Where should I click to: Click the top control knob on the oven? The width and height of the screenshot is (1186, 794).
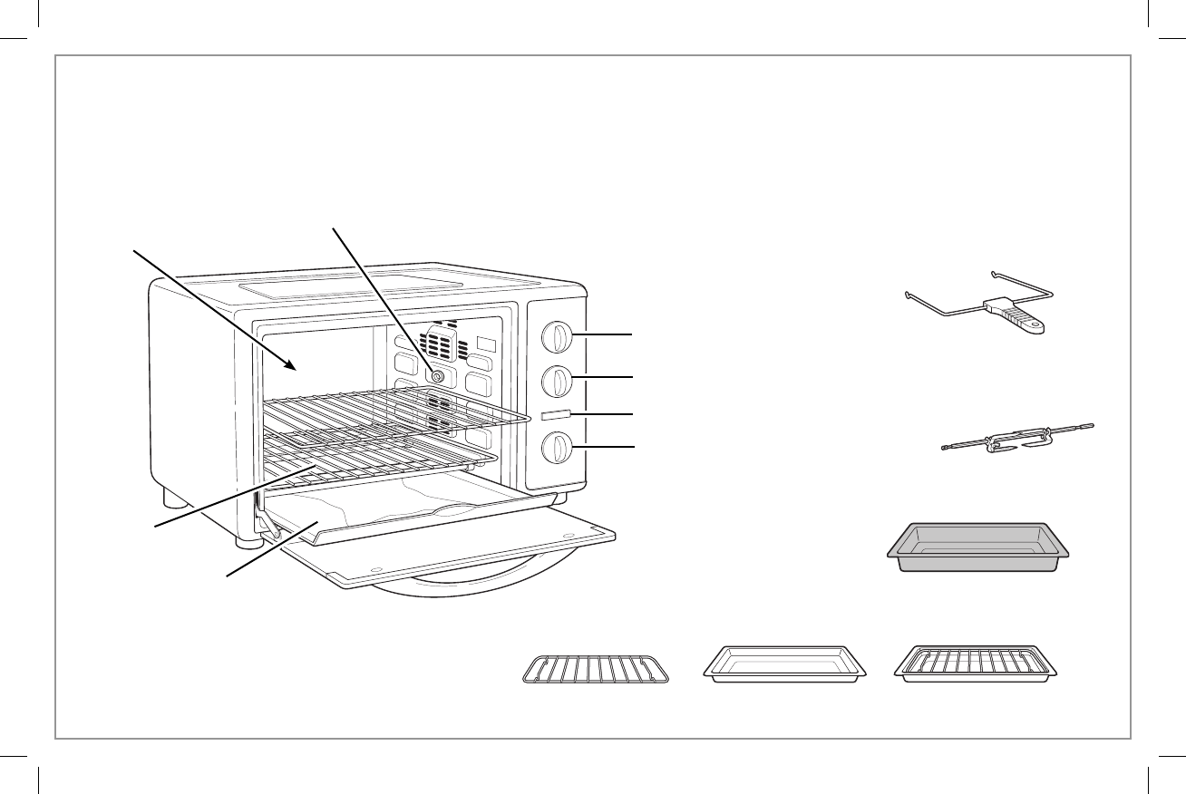click(557, 336)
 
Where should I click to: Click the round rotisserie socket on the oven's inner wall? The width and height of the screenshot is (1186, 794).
click(437, 375)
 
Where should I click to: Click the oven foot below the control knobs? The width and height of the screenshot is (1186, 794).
click(560, 498)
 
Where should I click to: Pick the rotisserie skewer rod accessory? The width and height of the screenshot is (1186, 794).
click(1016, 438)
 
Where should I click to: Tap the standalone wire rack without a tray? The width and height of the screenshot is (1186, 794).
click(596, 669)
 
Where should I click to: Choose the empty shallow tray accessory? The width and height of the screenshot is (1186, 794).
click(785, 664)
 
